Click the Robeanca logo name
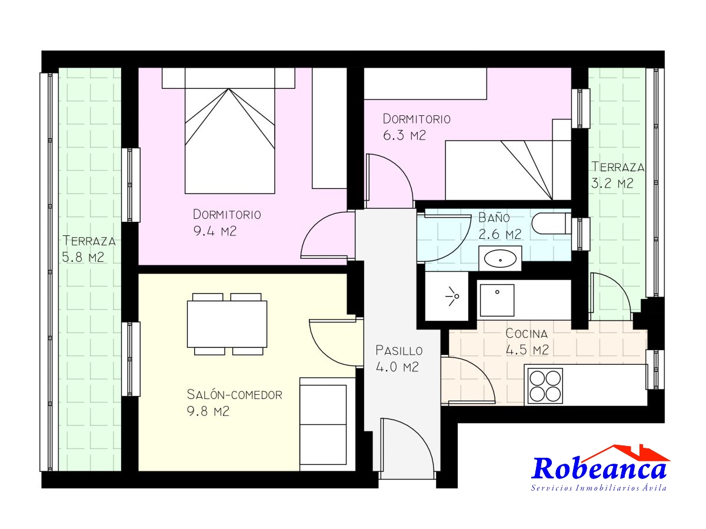coord(598,469)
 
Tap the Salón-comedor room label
coord(235,395)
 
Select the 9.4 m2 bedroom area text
coord(215,231)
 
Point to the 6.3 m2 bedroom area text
coord(404,135)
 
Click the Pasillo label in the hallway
coord(399,350)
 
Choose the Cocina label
coord(527,333)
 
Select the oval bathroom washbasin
coord(500,258)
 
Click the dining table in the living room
coord(227,324)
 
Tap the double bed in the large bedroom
coord(229,131)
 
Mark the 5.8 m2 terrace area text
coord(83,257)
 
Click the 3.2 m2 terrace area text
coord(612,184)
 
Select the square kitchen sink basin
coord(497,300)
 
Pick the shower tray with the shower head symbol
coord(447,296)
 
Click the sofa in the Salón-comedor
coord(327,424)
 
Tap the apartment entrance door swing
coord(406,449)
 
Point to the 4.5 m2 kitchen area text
coord(527,350)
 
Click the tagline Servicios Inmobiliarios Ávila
coord(598,488)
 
